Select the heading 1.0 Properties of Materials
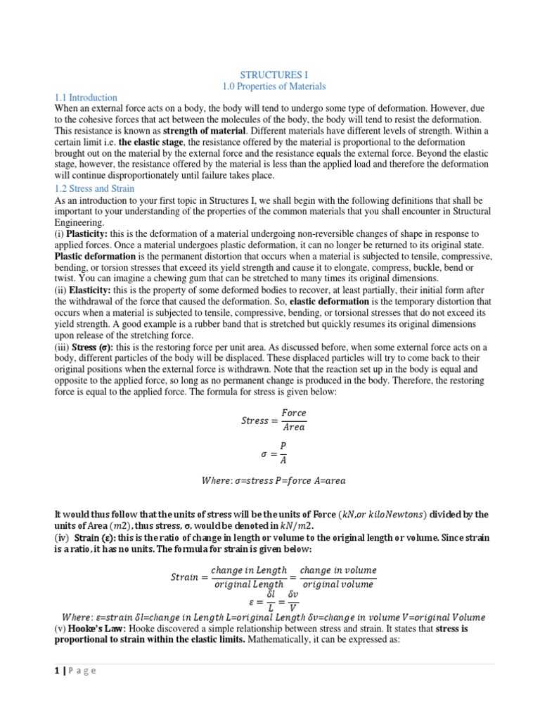pos(274,86)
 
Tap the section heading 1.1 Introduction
pos(86,98)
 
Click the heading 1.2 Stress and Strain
pos(94,188)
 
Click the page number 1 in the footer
pos(57,671)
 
